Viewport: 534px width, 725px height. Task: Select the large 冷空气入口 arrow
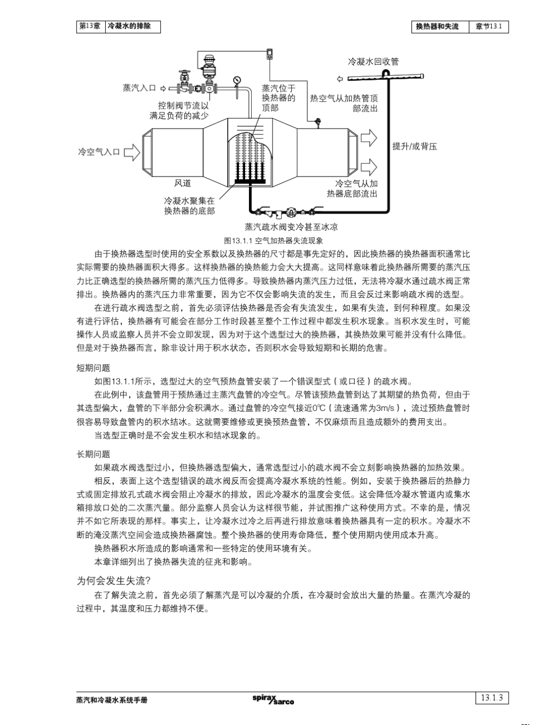[131, 152]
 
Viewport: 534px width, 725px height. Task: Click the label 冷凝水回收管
[373, 62]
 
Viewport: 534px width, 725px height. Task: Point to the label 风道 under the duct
[183, 183]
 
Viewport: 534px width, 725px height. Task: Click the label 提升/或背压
[414, 147]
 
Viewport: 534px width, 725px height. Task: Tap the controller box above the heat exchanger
[270, 54]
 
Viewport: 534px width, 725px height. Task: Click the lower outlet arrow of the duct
[369, 167]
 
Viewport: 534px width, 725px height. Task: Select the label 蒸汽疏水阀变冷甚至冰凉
[291, 227]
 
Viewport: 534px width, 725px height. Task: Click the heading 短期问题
[93, 368]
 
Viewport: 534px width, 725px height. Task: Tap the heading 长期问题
[93, 454]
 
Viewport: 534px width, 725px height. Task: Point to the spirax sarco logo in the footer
[273, 699]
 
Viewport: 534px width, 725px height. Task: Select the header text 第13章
[90, 26]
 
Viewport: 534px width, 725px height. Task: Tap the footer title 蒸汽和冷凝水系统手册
[112, 700]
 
